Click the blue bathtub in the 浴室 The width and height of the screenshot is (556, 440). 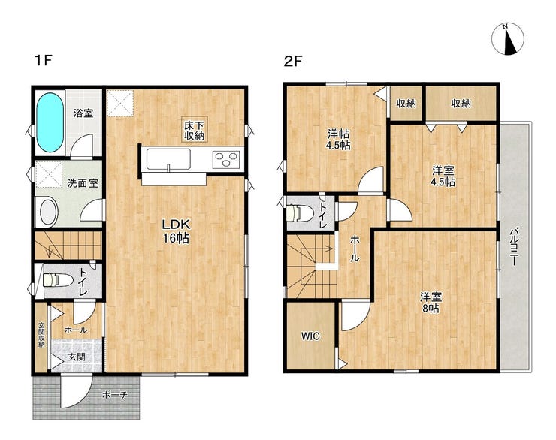[50, 122]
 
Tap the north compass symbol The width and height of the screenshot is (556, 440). [508, 39]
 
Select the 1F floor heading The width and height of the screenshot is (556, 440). [44, 61]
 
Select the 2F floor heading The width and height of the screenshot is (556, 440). [292, 62]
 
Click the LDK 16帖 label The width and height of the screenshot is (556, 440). [177, 231]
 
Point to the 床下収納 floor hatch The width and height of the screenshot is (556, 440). [195, 130]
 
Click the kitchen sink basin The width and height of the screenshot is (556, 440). [168, 159]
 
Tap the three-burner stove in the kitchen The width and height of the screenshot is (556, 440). [226, 159]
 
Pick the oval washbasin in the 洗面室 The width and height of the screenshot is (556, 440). [49, 212]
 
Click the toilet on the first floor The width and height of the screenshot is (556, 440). [57, 279]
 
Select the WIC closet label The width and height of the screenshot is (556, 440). [310, 336]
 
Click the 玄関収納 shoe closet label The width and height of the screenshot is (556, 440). [41, 334]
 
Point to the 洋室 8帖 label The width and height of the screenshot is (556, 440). [431, 302]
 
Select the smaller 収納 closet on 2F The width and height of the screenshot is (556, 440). [406, 104]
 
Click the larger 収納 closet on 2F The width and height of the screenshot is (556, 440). [461, 104]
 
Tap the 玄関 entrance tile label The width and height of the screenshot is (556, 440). [76, 357]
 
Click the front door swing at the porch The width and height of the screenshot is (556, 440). [75, 391]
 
